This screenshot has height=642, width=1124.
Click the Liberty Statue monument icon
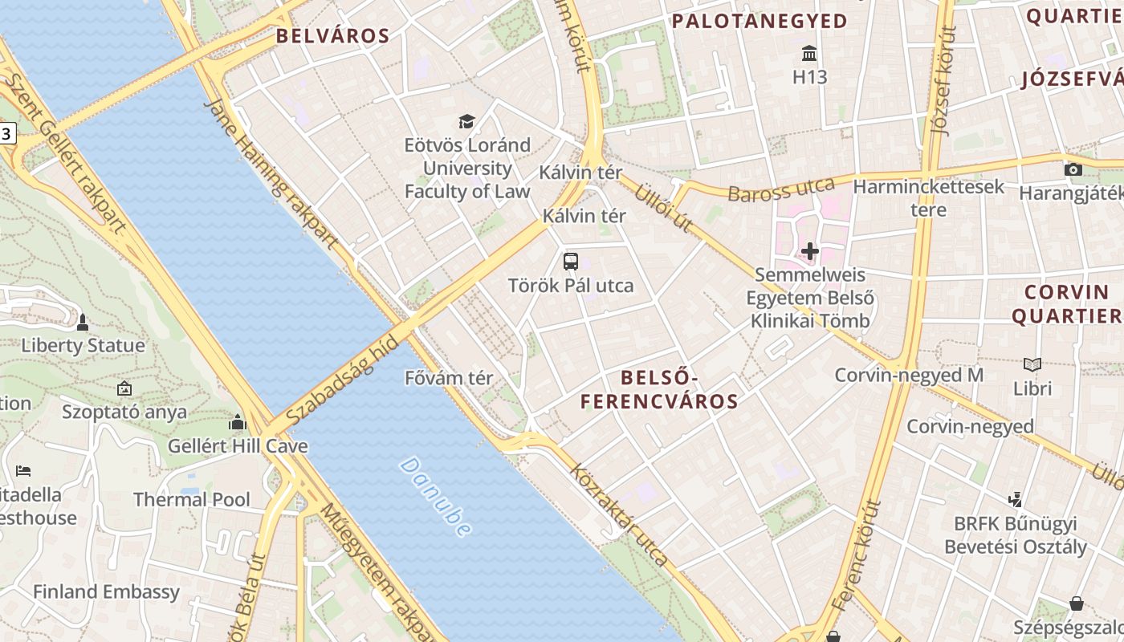tap(82, 323)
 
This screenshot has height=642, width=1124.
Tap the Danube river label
tap(434, 497)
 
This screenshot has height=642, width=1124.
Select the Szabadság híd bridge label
tap(341, 382)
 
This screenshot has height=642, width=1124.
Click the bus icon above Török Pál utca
tap(570, 261)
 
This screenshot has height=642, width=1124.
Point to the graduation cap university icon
tap(466, 122)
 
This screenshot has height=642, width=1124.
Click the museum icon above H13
tap(809, 54)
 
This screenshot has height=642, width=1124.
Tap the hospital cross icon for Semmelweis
tap(809, 251)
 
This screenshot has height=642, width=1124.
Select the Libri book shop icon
tap(1032, 365)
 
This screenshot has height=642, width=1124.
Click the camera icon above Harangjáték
tap(1073, 169)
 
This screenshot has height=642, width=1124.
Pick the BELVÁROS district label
tap(332, 36)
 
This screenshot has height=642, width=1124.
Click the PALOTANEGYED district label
tap(760, 22)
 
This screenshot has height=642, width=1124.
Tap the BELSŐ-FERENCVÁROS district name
tap(659, 389)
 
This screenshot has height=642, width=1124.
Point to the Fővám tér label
tap(449, 378)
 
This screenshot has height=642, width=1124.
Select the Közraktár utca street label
tap(618, 514)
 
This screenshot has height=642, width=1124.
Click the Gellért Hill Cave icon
tap(237, 423)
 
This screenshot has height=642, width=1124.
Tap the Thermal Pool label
tap(192, 499)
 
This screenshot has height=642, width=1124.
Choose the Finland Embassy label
tap(106, 592)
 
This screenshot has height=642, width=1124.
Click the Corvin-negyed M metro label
tap(909, 375)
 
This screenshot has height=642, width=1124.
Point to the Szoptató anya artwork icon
tap(124, 389)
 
